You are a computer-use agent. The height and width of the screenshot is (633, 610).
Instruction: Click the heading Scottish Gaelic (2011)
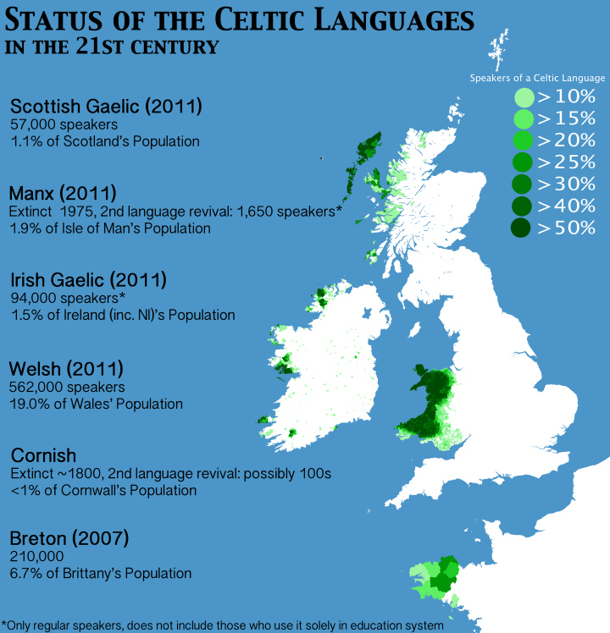(x=106, y=107)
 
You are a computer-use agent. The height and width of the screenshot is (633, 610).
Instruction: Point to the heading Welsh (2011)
(x=66, y=369)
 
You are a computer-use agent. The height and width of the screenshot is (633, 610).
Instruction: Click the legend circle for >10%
(x=524, y=96)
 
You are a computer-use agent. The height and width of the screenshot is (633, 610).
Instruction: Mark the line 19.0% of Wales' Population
(x=97, y=404)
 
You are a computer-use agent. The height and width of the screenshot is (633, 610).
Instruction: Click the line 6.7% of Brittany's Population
(x=101, y=573)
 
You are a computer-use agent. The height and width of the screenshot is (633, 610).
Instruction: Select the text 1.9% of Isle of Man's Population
(x=109, y=228)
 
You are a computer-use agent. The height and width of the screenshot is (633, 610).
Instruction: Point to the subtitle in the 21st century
(x=112, y=46)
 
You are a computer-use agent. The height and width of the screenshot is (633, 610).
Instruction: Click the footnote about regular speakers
(x=222, y=625)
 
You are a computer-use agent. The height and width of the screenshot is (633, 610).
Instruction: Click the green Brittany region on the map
(x=437, y=579)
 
